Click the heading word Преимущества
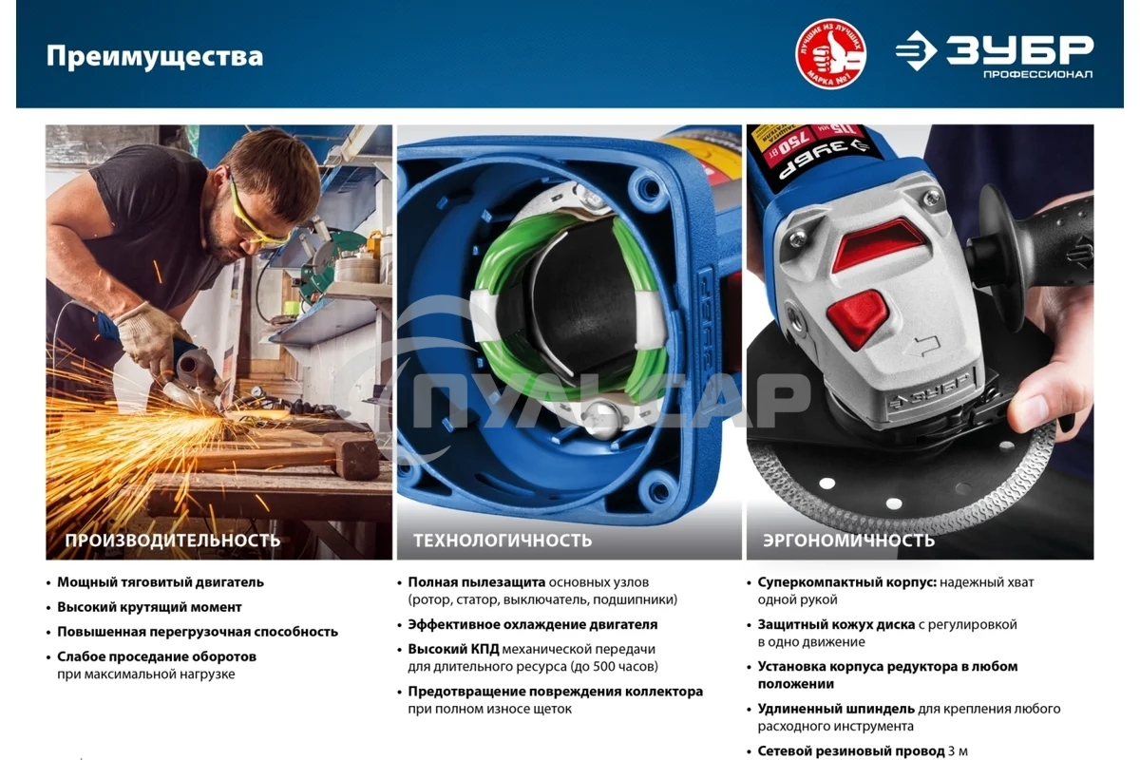coord(154,56)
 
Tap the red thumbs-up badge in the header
coord(830,54)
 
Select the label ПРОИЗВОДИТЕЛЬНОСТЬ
coord(172,541)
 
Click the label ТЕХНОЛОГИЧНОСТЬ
coord(502,541)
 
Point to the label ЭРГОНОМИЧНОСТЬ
coord(848,541)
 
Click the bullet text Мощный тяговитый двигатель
coord(160,582)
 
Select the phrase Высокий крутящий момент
coord(149,607)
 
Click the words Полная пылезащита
coord(476,582)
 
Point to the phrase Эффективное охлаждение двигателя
coord(532,625)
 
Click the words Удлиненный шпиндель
coord(836,709)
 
